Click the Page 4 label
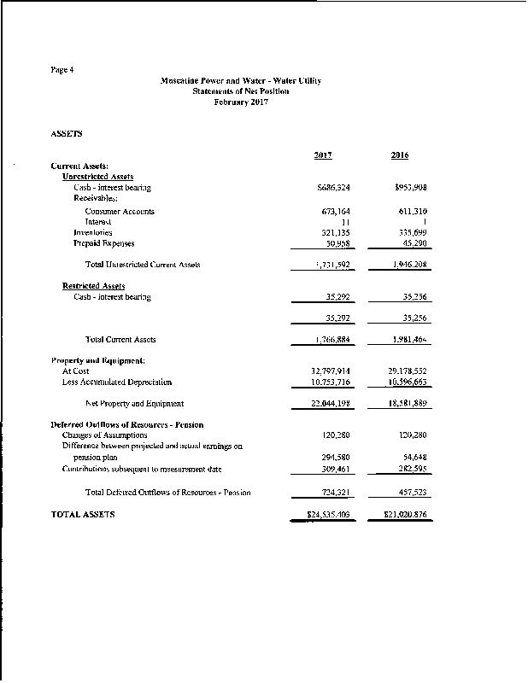coord(62,69)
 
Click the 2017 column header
coord(323,155)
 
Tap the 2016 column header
coord(399,155)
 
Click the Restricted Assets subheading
coord(94,286)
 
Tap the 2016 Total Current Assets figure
coord(409,340)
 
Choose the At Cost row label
coord(76,371)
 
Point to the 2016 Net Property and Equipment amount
coord(407,403)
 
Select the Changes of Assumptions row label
coord(105,435)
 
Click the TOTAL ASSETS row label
coord(84,515)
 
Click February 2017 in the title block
coord(240,102)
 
